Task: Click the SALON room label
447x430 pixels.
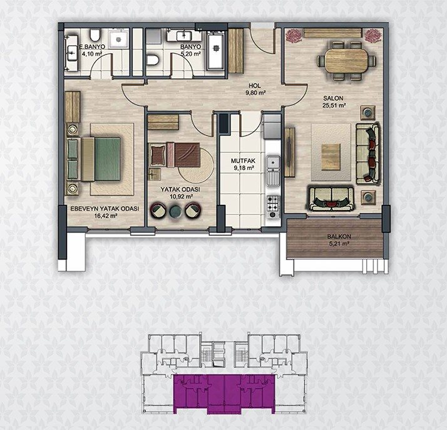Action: [x=333, y=98]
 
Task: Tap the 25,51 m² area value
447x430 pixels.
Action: [x=334, y=105]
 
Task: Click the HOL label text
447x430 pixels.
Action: [x=255, y=86]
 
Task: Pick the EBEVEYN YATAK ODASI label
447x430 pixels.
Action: [x=105, y=209]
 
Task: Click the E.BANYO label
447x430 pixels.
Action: [x=92, y=46]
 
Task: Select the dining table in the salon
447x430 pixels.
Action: [x=346, y=61]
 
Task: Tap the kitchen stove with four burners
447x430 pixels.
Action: [x=273, y=206]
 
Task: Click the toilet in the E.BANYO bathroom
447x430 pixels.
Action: [x=95, y=34]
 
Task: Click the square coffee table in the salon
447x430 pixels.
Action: [x=331, y=157]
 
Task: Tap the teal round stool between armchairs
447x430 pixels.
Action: [x=175, y=211]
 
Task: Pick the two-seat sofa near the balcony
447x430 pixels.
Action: [x=331, y=198]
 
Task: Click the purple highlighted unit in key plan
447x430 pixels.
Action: [x=224, y=394]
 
